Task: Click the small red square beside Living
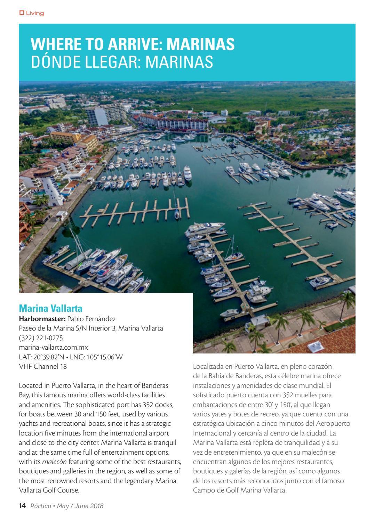click(22, 13)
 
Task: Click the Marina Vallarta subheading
click(50, 308)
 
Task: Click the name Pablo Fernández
click(91, 319)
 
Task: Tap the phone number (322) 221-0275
click(41, 338)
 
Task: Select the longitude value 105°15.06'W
click(103, 357)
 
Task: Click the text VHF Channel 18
click(43, 366)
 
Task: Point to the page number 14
click(22, 506)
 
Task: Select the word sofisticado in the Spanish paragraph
click(210, 395)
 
